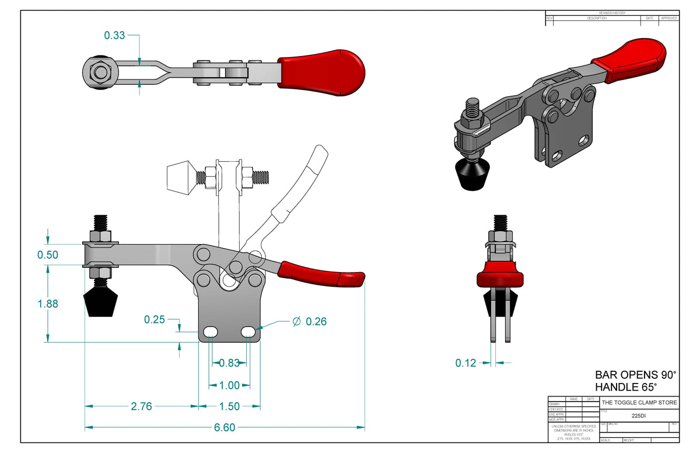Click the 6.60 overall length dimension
point(225,427)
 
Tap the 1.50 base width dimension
point(229,406)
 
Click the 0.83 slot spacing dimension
point(229,363)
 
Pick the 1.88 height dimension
point(48,304)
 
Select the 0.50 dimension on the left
point(48,255)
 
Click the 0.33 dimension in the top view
point(114,36)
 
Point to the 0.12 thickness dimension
point(466,363)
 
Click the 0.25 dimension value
point(155,319)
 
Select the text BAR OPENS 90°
point(635,375)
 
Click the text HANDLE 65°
point(626,387)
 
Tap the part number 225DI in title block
point(639,416)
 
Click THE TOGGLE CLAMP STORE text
point(639,403)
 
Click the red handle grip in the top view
point(321,73)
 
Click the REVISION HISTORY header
point(612,13)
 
